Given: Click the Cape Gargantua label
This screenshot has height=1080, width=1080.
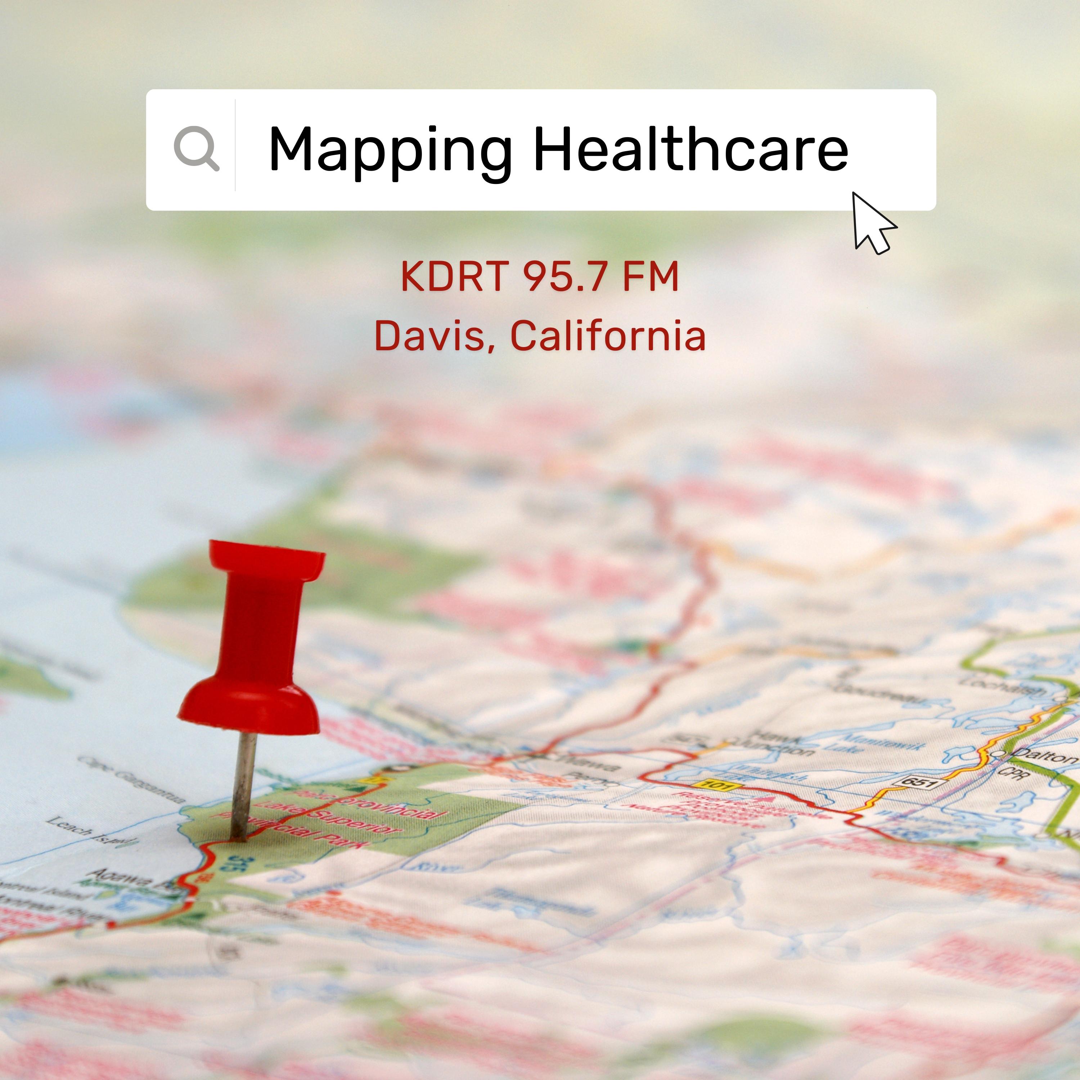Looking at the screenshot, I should coord(131,779).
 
